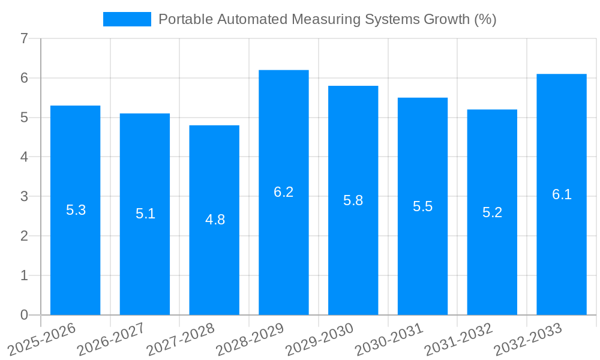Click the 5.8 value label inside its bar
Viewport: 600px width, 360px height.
[353, 200]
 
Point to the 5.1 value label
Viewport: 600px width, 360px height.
[145, 214]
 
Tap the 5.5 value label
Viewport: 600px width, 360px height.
[422, 206]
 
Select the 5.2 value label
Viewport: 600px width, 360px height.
[492, 212]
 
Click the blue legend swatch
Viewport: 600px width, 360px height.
[127, 19]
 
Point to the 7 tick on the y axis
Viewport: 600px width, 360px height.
[24, 39]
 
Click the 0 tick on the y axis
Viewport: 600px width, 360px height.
[24, 315]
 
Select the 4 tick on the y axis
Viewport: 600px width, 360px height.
[24, 157]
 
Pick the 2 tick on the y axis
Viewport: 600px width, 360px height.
[24, 236]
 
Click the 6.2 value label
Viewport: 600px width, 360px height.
[284, 192]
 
